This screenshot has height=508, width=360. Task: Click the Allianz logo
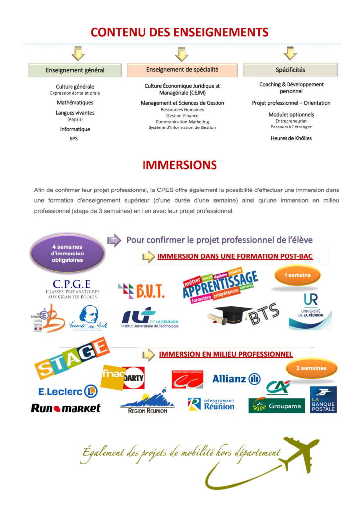click(x=236, y=379)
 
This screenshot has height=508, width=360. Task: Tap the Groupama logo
click(x=277, y=405)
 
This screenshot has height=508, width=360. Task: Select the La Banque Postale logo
click(x=323, y=400)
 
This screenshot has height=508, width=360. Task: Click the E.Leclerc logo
click(x=68, y=391)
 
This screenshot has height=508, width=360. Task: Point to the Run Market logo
click(x=66, y=408)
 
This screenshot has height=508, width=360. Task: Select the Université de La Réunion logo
click(x=310, y=311)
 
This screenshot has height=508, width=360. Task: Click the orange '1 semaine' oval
click(x=297, y=275)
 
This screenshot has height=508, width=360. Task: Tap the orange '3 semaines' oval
click(x=311, y=368)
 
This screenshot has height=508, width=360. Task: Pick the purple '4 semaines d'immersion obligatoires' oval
click(x=68, y=254)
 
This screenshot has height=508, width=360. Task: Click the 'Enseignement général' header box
click(x=75, y=70)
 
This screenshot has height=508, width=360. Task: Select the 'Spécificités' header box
click(x=290, y=70)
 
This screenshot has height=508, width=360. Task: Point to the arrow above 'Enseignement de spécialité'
click(x=182, y=54)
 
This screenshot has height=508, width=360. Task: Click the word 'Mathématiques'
click(x=75, y=103)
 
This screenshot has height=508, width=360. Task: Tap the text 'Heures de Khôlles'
click(x=291, y=138)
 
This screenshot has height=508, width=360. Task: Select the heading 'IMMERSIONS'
click(x=180, y=165)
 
